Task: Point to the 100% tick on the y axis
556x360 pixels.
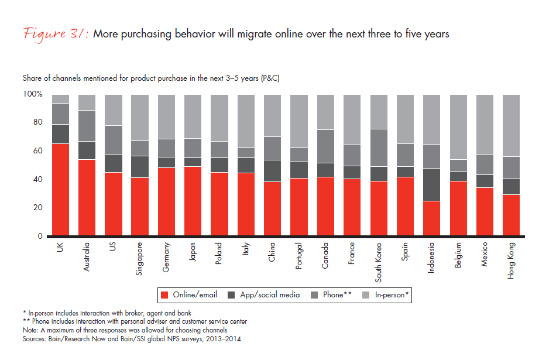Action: (x=33, y=94)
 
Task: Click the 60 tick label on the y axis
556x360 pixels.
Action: (x=37, y=151)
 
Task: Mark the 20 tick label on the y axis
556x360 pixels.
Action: (x=37, y=208)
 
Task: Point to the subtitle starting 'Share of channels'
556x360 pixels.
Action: (x=151, y=78)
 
